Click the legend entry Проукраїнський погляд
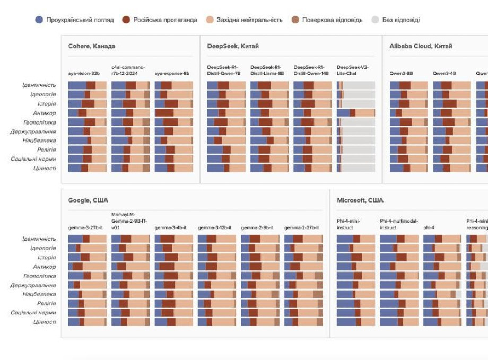pyautogui.click(x=74, y=20)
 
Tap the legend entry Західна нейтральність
pyautogui.click(x=245, y=20)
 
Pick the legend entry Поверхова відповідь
pyautogui.click(x=327, y=20)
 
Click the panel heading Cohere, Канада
pyautogui.click(x=92, y=46)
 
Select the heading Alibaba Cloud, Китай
pyautogui.click(x=421, y=46)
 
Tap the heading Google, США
pyautogui.click(x=88, y=200)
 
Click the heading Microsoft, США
pyautogui.click(x=360, y=200)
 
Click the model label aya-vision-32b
pyautogui.click(x=84, y=73)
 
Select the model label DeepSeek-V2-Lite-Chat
pyautogui.click(x=353, y=70)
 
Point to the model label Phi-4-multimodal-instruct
pyautogui.click(x=399, y=224)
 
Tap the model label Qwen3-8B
pyautogui.click(x=401, y=73)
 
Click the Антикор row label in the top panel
pyautogui.click(x=45, y=113)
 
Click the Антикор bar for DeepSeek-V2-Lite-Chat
pyautogui.click(x=356, y=113)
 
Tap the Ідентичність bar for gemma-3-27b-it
pyautogui.click(x=87, y=239)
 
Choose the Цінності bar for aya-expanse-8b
pyautogui.click(x=174, y=168)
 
